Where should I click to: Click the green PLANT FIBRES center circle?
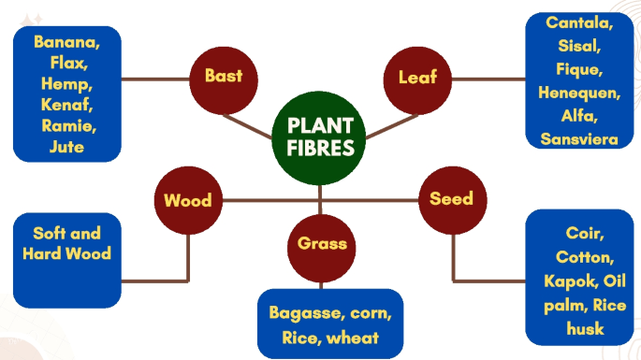[x=320, y=137]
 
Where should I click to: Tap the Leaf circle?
[x=417, y=77]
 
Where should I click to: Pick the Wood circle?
[x=187, y=200]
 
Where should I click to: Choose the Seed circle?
[x=451, y=198]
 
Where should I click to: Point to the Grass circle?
[x=322, y=244]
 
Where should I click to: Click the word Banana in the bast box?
[x=66, y=42]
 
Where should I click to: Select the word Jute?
[x=66, y=146]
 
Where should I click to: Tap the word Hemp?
[x=66, y=83]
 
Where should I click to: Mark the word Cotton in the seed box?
[x=585, y=257]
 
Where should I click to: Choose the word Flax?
[x=66, y=63]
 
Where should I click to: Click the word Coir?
[x=585, y=233]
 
